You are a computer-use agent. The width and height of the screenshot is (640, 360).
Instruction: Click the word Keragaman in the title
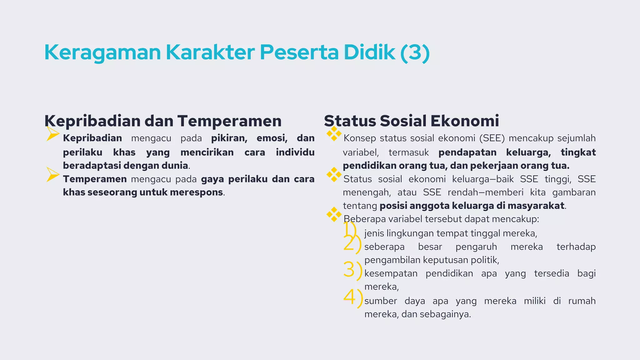102,52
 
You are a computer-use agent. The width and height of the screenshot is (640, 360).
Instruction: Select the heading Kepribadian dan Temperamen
163,121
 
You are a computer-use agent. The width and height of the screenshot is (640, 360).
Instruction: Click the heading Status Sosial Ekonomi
411,121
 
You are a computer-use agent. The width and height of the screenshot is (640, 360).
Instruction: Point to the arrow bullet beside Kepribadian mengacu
52,134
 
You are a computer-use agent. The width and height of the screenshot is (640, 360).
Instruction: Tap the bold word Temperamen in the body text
95,179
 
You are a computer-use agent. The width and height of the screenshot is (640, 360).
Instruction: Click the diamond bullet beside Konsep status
334,134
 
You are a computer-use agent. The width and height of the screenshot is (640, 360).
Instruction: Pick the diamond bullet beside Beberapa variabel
334,214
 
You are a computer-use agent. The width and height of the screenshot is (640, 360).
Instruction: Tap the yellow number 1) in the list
350,229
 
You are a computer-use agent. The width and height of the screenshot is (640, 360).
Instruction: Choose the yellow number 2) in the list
352,243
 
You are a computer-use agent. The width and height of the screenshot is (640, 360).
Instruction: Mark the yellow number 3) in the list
352,270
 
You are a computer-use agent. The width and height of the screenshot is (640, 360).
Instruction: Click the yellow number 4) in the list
353,297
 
